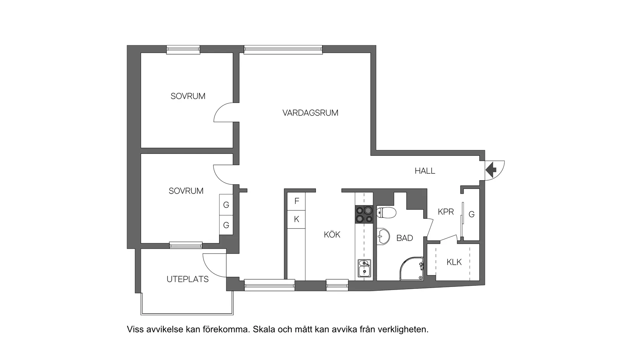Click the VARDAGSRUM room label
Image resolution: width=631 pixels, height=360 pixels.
(x=310, y=113)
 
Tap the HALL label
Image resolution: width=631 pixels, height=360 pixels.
(x=424, y=171)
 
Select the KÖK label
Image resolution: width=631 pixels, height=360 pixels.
(x=332, y=235)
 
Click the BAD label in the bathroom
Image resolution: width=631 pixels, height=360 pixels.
(x=404, y=238)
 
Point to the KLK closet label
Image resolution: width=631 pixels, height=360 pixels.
(x=454, y=262)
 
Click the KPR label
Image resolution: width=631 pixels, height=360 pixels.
(x=446, y=212)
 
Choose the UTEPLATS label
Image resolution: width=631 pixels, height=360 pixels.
(x=187, y=279)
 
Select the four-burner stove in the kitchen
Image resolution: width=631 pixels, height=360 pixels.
(x=364, y=214)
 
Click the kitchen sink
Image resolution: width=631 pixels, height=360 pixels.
(x=364, y=268)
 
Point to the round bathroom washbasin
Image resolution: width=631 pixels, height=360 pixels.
(x=382, y=236)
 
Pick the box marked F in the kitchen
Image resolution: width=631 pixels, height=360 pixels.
(x=296, y=201)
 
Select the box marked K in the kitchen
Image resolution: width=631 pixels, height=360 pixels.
(x=296, y=220)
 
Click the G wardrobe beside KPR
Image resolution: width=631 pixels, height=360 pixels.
(x=472, y=215)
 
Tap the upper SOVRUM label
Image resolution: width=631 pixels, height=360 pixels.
(x=188, y=96)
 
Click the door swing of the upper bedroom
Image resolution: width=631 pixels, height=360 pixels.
(x=224, y=112)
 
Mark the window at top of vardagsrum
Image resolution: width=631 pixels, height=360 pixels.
(x=283, y=49)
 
